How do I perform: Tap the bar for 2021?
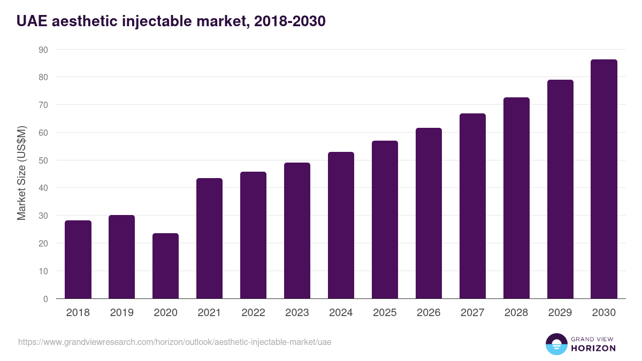(209, 239)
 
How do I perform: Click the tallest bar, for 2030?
(604, 179)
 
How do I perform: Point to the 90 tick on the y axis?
(43, 50)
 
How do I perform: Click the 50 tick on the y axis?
(43, 160)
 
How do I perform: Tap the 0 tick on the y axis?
(45, 299)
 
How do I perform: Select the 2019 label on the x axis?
(121, 313)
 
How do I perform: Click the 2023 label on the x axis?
(297, 313)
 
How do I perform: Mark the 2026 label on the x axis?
(429, 313)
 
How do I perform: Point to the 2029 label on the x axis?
(560, 313)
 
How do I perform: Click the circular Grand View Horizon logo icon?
(556, 344)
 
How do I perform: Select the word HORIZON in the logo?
(593, 348)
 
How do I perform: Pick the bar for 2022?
(253, 235)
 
